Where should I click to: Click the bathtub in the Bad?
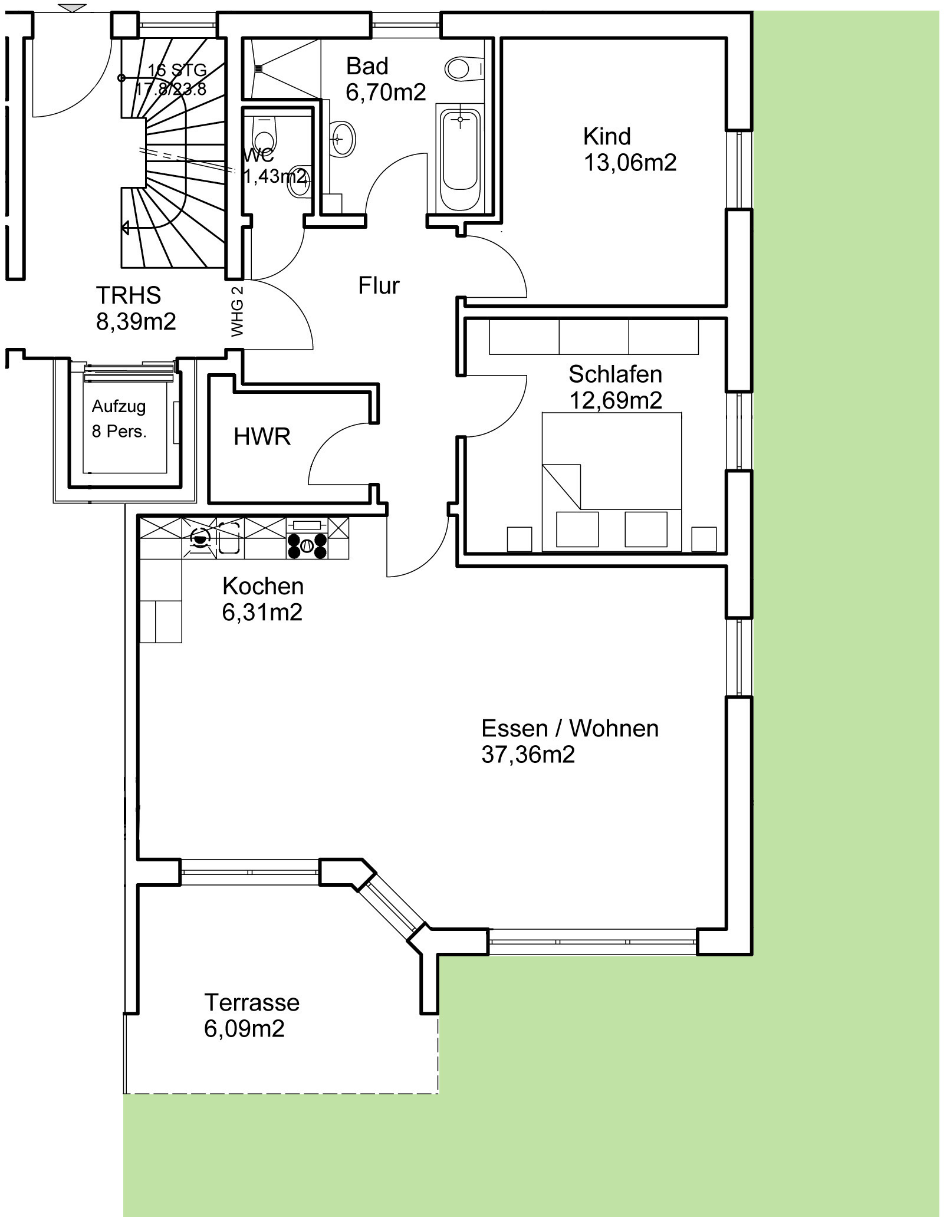tap(460, 157)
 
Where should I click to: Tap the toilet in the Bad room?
tap(464, 69)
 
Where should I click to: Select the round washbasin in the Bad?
tap(341, 139)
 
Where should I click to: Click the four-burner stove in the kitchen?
tap(307, 539)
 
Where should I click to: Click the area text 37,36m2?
tap(528, 755)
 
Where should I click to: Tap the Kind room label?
tap(607, 136)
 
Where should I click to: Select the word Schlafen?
tap(615, 374)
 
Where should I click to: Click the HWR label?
tap(262, 437)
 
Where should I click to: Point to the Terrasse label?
tap(252, 1002)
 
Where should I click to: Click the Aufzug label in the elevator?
tap(119, 407)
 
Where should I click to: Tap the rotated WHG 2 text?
tap(238, 310)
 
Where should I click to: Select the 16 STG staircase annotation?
tap(177, 70)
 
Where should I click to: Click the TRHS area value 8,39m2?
tap(136, 322)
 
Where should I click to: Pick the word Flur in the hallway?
tap(379, 285)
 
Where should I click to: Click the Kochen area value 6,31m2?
tap(262, 612)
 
